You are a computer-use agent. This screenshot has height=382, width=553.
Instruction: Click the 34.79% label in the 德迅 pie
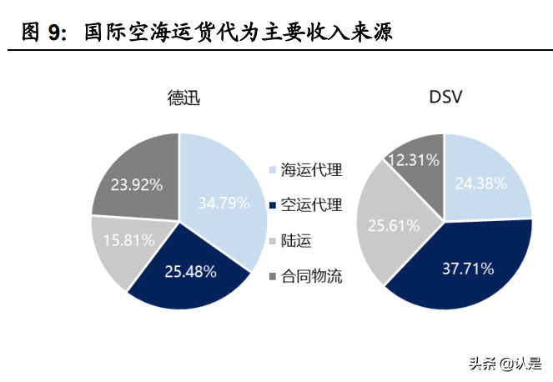(x=224, y=202)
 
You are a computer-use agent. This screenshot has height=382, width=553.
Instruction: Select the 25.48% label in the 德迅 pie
(x=191, y=271)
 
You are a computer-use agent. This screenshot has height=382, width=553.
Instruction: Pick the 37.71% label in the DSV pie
(x=467, y=269)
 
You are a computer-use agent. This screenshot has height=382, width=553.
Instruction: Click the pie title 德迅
(x=183, y=98)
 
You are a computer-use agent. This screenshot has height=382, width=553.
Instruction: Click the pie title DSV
(x=445, y=98)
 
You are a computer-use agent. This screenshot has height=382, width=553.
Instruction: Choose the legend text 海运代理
(x=311, y=170)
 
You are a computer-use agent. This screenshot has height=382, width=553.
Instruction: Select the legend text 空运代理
(x=311, y=205)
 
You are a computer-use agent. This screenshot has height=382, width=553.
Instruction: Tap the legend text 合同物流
(x=311, y=275)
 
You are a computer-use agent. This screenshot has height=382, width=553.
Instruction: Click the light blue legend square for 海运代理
(x=273, y=171)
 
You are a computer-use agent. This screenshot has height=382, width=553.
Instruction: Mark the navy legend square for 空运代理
(x=273, y=206)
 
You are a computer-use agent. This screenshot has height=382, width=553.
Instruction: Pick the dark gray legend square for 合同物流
(x=273, y=276)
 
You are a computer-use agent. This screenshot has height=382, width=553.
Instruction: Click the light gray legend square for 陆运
(x=273, y=241)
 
